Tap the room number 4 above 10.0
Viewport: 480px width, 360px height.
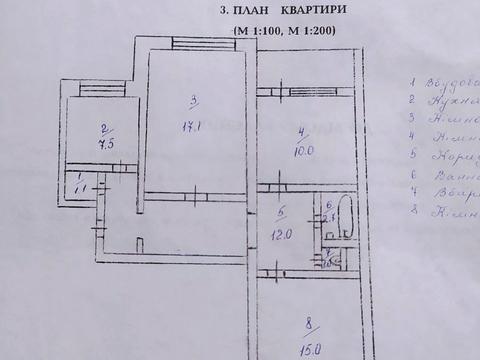click(x=302, y=131)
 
